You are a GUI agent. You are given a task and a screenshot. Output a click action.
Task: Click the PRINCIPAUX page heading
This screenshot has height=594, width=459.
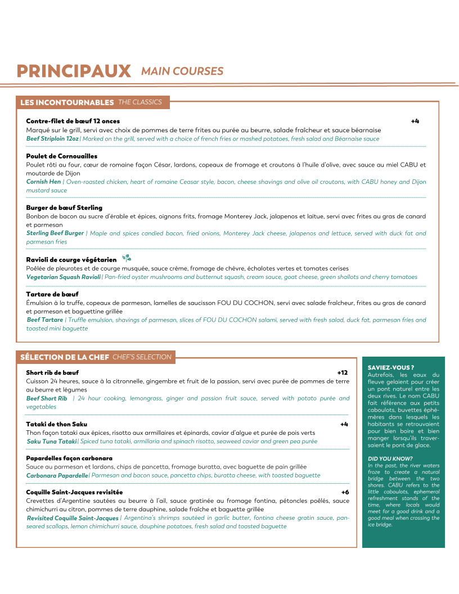(x=74, y=71)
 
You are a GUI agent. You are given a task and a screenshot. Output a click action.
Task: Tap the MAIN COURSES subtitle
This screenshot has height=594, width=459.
(x=182, y=71)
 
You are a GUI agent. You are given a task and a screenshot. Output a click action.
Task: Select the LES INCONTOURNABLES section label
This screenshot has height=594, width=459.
(x=67, y=102)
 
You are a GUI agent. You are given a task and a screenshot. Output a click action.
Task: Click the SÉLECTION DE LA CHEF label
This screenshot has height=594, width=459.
(x=65, y=357)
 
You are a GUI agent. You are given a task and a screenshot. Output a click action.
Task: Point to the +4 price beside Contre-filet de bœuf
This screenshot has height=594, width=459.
(x=415, y=121)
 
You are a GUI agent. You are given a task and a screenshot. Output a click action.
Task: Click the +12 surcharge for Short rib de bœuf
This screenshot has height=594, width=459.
(x=342, y=372)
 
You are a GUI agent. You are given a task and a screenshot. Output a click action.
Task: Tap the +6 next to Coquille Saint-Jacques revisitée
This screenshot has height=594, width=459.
(x=345, y=492)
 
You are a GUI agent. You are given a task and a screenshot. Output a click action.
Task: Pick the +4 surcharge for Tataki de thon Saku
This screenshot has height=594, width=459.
(x=344, y=424)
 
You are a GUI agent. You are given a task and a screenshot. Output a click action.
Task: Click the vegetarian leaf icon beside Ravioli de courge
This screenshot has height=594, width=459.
(x=127, y=258)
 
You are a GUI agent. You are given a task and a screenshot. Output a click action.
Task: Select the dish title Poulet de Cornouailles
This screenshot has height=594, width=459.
(x=62, y=156)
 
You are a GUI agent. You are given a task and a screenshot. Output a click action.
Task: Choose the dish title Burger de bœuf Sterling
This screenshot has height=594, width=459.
(x=64, y=208)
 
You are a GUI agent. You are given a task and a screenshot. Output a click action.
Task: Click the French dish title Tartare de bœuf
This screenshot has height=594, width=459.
(x=52, y=294)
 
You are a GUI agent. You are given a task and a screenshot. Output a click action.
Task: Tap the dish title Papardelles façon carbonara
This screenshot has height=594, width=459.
(x=69, y=458)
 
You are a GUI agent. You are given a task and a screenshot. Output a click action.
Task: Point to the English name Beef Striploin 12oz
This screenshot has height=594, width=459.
(x=52, y=138)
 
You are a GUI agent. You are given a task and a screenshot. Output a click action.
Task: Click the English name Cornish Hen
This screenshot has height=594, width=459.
(x=43, y=182)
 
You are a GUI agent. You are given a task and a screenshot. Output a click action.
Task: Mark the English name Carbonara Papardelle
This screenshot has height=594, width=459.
(x=57, y=475)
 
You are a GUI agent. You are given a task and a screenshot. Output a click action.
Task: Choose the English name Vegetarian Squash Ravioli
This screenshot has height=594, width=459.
(x=64, y=277)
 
